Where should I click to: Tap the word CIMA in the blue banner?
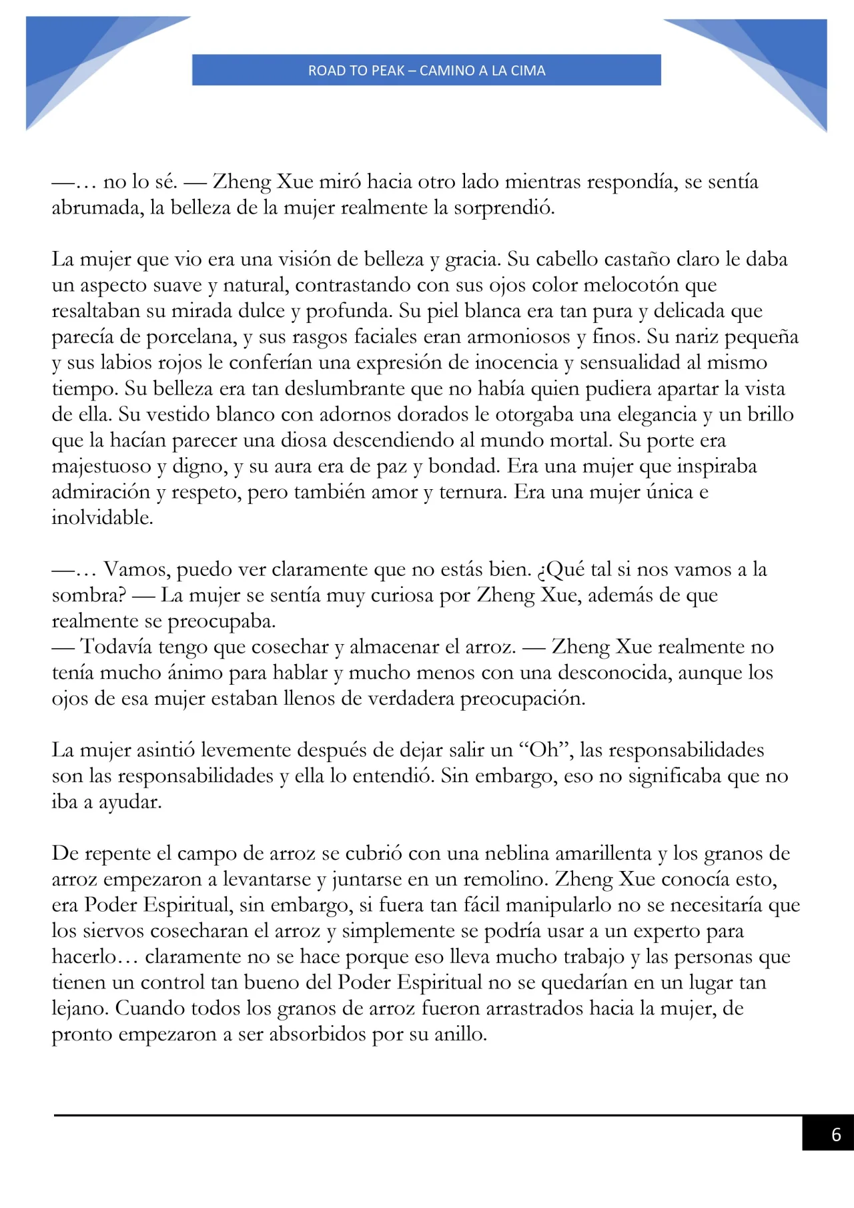(528, 71)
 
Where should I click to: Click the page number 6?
(835, 1135)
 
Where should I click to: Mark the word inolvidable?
(102, 518)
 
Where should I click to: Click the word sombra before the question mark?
(85, 595)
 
